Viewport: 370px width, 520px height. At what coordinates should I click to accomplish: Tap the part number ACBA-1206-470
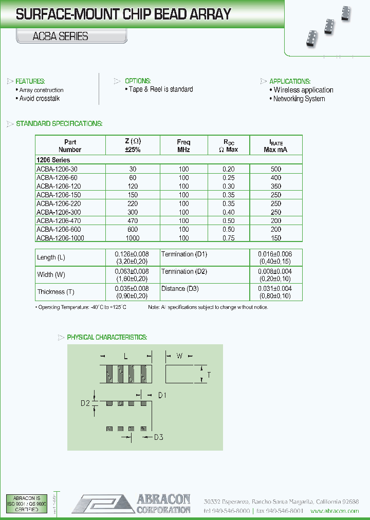[59, 220]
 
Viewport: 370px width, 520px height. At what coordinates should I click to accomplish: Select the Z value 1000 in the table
[133, 238]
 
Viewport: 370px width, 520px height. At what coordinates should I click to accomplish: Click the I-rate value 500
[275, 169]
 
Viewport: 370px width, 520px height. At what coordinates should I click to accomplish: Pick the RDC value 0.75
[228, 238]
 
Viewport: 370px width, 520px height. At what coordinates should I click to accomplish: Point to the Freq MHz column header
[183, 146]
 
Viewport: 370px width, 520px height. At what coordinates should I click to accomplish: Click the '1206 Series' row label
[53, 160]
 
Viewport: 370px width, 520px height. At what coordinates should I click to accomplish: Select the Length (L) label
[51, 257]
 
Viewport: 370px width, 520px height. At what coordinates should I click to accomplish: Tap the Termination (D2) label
[184, 271]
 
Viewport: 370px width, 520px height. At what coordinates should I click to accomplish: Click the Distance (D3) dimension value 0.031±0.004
[275, 289]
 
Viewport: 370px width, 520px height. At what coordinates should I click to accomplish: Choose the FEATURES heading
[30, 81]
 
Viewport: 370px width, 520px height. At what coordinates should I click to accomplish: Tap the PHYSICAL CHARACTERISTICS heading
[107, 337]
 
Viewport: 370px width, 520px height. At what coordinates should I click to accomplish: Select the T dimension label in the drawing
[209, 375]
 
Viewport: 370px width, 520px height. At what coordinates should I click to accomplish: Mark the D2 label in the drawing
[85, 403]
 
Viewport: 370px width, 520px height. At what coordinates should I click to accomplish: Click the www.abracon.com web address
[335, 511]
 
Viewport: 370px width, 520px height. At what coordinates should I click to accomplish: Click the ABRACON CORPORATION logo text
[163, 504]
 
